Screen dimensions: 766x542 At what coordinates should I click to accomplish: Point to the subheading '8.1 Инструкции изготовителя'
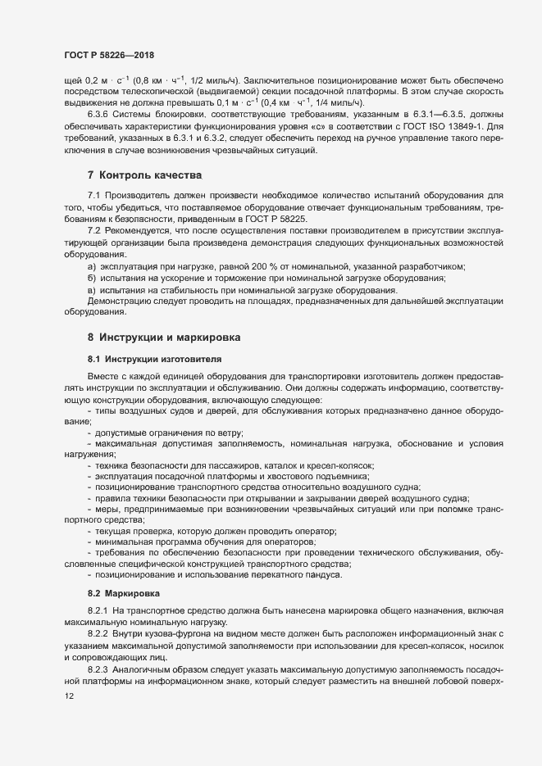[x=142, y=359]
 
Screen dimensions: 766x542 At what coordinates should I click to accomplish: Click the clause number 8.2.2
[x=98, y=635]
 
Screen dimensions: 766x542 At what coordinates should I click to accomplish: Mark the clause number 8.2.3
[x=98, y=669]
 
